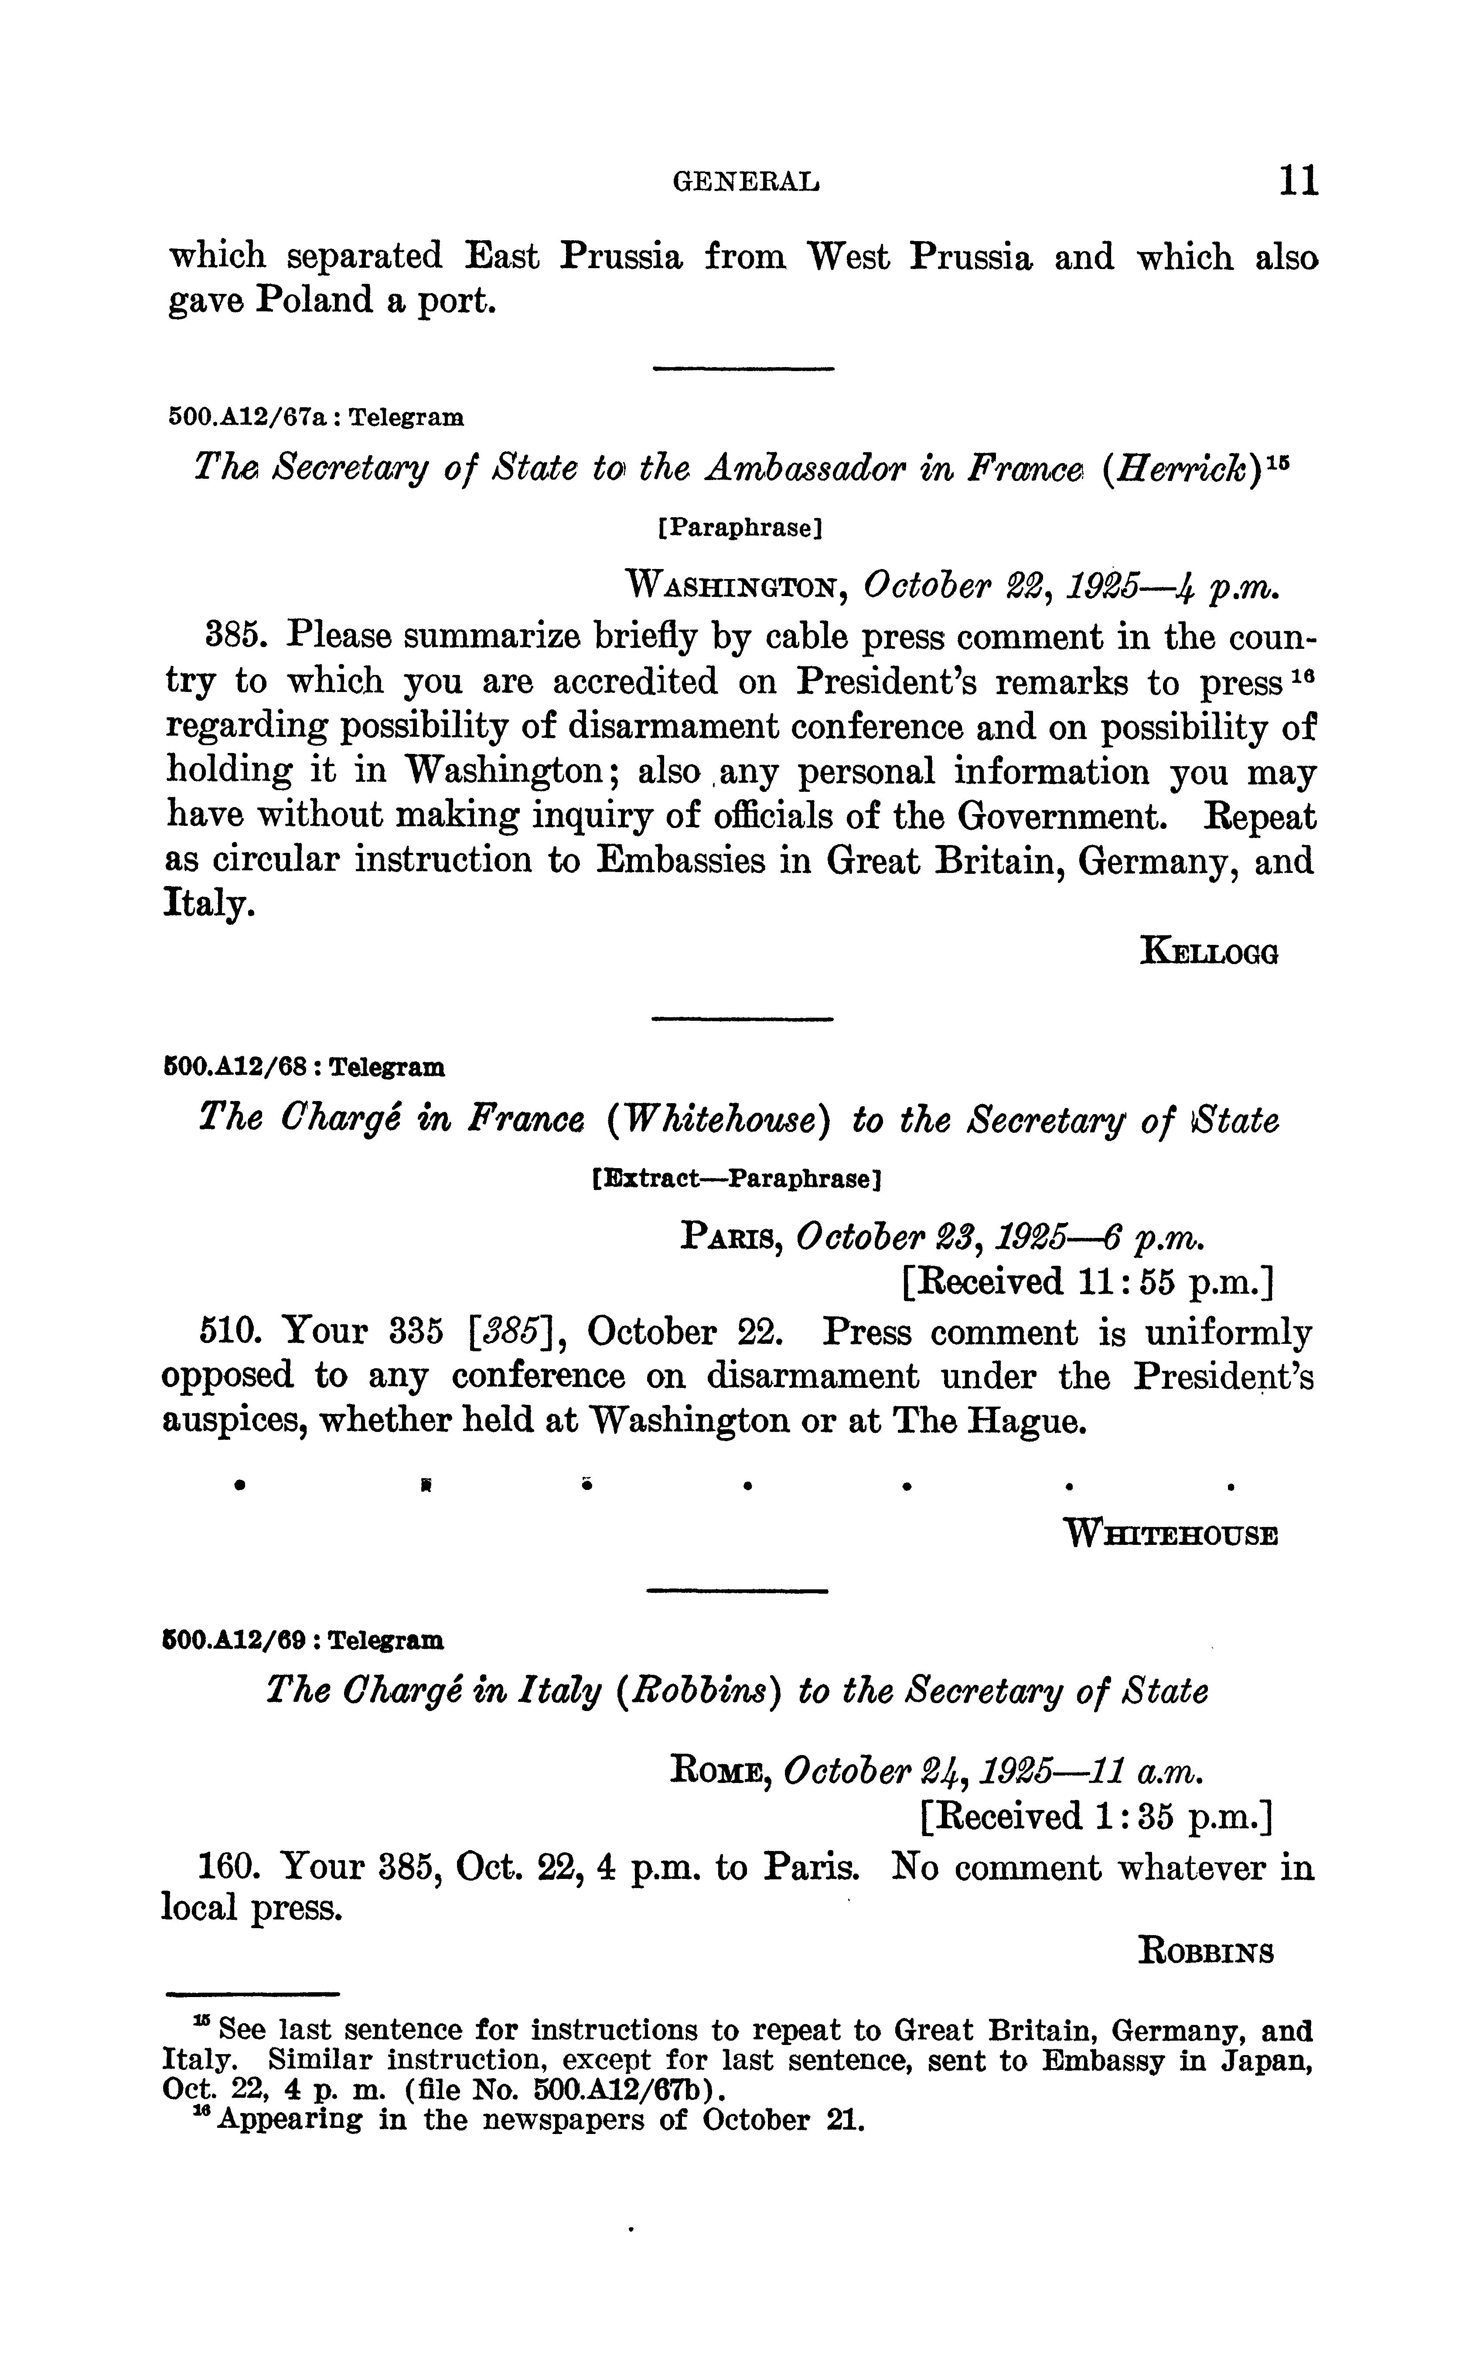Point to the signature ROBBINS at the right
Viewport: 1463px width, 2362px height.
(x=1207, y=1952)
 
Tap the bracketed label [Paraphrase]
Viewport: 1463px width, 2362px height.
(x=739, y=528)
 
